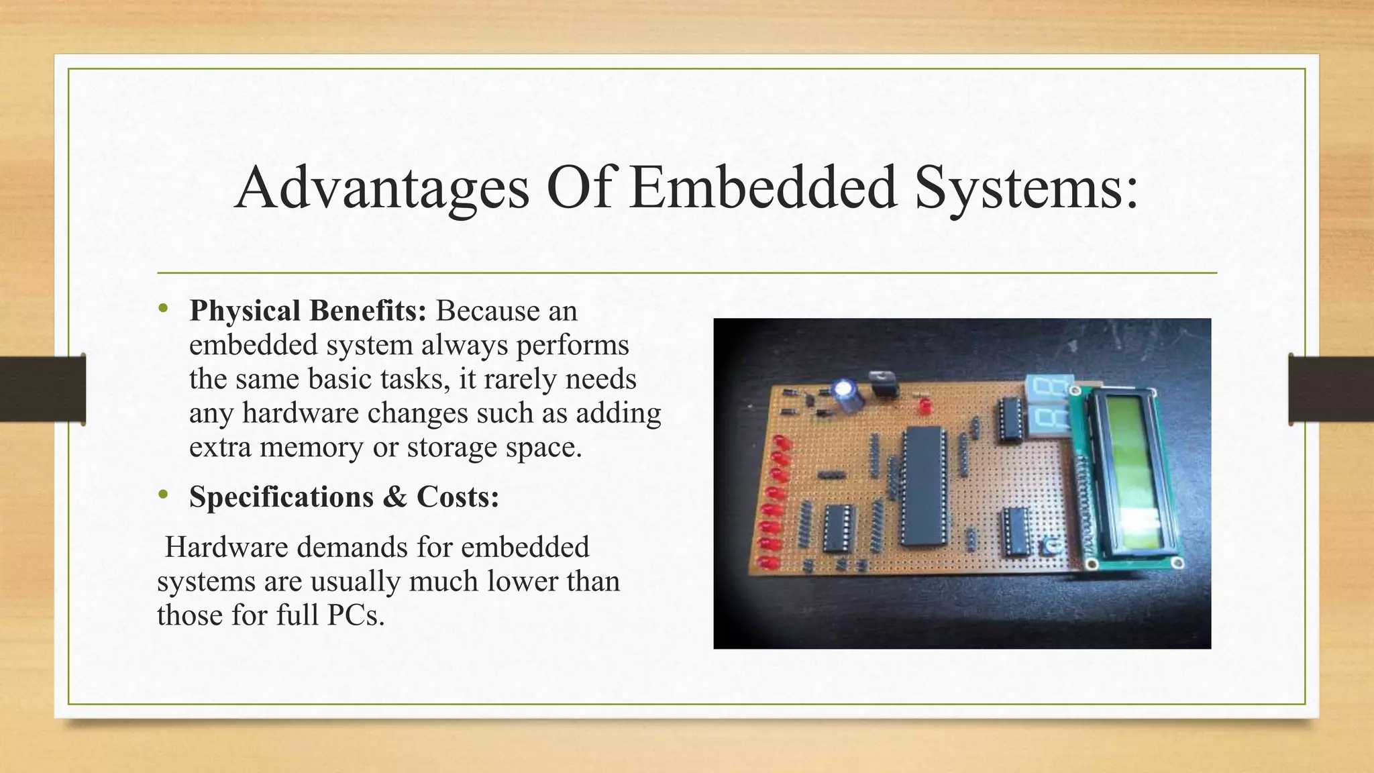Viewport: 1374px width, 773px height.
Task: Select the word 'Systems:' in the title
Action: point(1026,188)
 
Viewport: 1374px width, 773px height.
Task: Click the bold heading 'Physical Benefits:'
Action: point(308,311)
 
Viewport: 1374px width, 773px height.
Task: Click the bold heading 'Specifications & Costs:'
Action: point(344,497)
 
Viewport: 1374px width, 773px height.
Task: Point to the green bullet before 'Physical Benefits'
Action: point(162,309)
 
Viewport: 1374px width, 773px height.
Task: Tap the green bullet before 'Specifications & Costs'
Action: point(162,495)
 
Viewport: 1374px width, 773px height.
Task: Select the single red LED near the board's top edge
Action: point(925,406)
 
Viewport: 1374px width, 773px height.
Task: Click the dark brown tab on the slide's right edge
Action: point(1331,389)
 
